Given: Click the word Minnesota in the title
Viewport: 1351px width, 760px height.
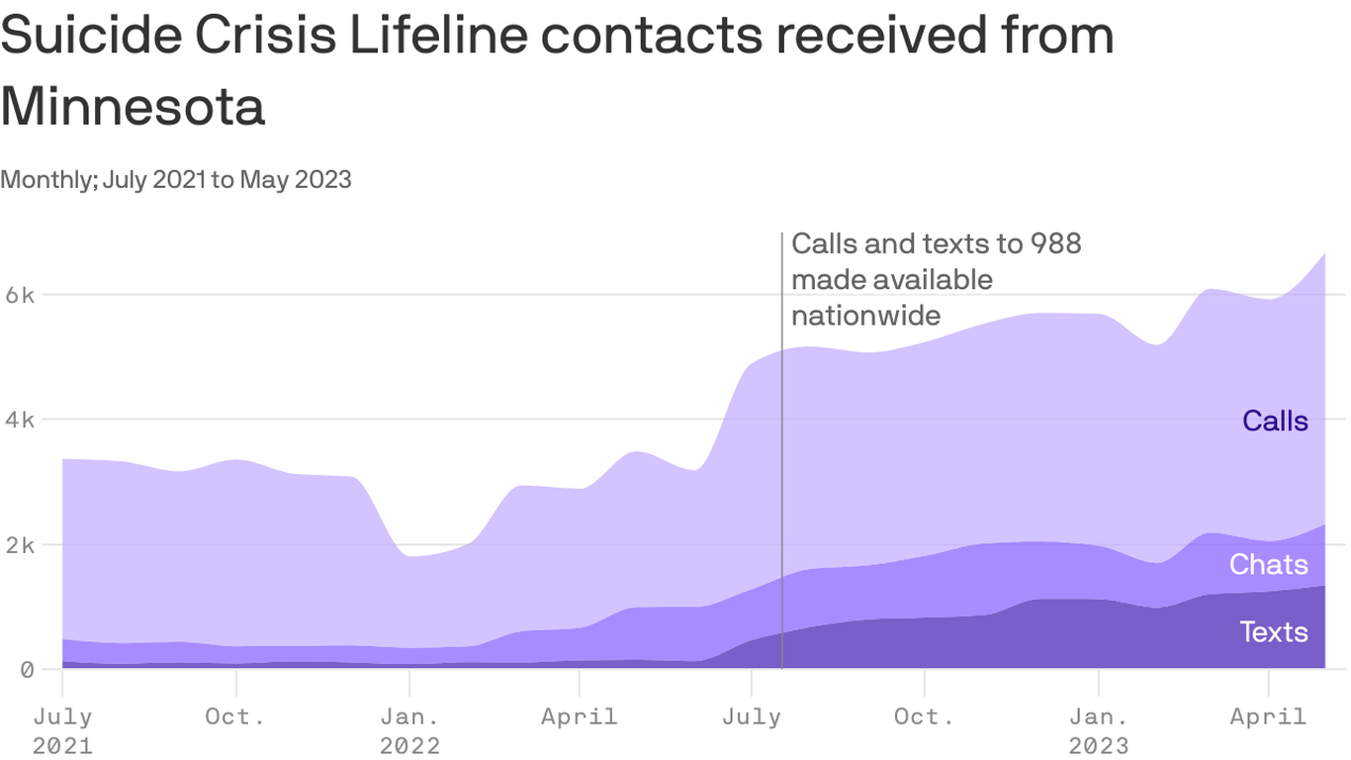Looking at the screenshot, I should [x=133, y=107].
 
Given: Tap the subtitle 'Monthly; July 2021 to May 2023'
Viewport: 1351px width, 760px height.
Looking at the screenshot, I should [x=176, y=179].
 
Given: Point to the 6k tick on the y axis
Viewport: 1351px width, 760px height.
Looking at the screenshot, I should [x=18, y=295].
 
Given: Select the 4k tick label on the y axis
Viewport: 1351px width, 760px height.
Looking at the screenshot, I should [x=18, y=420].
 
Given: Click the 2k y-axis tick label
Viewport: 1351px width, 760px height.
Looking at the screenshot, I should [x=18, y=545].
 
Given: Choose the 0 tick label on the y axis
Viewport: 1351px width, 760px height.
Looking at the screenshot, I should [x=26, y=670].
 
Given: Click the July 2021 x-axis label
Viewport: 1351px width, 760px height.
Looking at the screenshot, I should [x=62, y=730].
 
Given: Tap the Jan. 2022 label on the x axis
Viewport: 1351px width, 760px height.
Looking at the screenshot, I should [x=409, y=730].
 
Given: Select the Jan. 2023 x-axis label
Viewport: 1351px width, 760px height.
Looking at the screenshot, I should [x=1098, y=730].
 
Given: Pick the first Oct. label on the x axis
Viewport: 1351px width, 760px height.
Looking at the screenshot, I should [x=235, y=716].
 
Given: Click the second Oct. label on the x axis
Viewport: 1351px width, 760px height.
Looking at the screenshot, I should [x=924, y=716].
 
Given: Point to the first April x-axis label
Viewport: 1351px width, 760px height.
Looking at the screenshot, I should [x=580, y=716].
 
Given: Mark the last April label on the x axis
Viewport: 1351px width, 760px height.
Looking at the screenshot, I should [x=1269, y=716].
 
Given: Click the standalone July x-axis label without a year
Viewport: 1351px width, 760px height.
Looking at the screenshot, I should [x=752, y=716].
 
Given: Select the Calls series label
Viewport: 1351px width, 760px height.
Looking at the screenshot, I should [x=1275, y=422].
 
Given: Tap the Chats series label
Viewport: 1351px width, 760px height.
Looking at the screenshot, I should [x=1268, y=564].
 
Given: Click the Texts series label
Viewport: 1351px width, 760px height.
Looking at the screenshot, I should [x=1273, y=631].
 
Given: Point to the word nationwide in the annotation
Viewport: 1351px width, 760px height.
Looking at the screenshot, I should [x=865, y=315].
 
